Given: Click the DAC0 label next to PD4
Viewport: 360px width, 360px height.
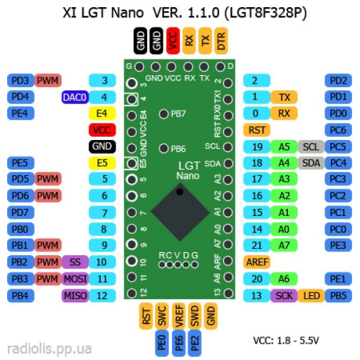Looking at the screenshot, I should click(x=74, y=97).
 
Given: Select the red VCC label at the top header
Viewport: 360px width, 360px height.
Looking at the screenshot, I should click(x=173, y=40).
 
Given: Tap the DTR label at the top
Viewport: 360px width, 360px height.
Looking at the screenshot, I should click(x=221, y=40).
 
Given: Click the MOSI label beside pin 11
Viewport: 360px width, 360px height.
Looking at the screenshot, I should click(x=74, y=278).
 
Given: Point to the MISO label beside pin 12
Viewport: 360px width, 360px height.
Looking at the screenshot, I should click(x=74, y=295).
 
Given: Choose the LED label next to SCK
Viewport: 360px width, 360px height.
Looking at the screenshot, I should click(x=310, y=295).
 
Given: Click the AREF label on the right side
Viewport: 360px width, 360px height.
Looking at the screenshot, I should click(x=257, y=262).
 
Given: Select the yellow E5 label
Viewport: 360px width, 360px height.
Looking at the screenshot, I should click(x=102, y=162).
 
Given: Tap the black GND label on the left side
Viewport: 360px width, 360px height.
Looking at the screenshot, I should click(x=102, y=146).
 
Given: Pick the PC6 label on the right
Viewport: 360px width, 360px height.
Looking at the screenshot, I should click(x=338, y=130).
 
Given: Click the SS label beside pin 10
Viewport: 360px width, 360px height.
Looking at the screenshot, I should click(x=74, y=262).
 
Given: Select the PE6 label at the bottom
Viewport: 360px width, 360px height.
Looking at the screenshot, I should click(x=179, y=344).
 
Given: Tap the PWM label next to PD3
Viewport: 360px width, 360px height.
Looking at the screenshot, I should click(x=48, y=80).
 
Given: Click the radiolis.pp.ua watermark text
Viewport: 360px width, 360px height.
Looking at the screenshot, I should click(x=49, y=349).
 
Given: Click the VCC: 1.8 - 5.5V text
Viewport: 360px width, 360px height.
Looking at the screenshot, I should click(x=286, y=340).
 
